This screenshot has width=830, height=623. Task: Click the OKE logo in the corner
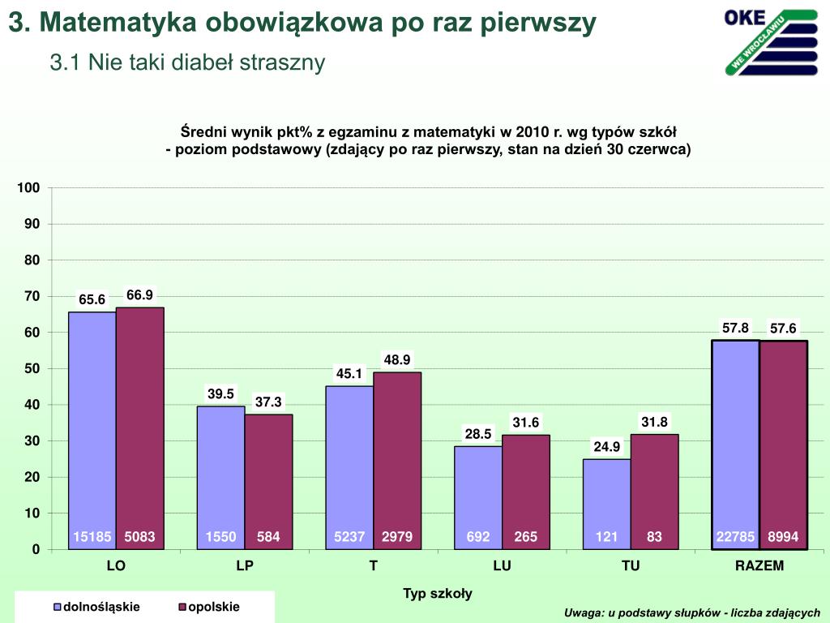tap(771, 41)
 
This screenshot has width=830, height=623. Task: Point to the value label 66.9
tap(139, 295)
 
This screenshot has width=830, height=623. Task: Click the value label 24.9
tap(606, 446)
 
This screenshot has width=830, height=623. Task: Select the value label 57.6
tap(783, 329)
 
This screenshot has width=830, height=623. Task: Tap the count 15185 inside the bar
tap(92, 536)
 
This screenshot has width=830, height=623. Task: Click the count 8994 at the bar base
tap(783, 536)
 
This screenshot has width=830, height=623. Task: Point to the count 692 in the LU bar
tap(478, 536)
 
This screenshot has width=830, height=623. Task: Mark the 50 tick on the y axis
tap(32, 369)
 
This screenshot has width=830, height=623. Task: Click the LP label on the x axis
tap(245, 566)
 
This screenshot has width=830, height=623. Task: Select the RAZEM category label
tap(759, 566)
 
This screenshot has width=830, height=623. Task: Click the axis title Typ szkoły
tap(438, 594)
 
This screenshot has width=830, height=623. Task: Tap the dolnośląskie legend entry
tap(96, 607)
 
